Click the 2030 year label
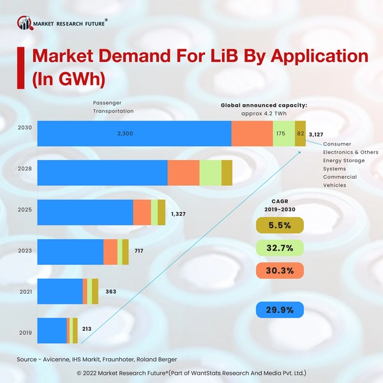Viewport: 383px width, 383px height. (x=23, y=126)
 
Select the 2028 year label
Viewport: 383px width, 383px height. (x=23, y=169)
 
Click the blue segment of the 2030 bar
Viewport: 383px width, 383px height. (x=134, y=133)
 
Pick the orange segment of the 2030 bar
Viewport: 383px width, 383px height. (x=252, y=133)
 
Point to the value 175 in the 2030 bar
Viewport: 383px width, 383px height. (x=281, y=133)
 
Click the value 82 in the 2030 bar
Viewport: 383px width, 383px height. (x=300, y=133)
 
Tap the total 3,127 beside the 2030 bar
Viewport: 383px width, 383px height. (x=316, y=135)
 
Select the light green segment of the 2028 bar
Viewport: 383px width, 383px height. (x=210, y=173)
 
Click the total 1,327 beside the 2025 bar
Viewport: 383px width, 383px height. (x=180, y=214)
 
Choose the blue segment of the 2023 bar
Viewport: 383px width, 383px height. (x=70, y=252)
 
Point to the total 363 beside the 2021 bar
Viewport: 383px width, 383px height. (x=111, y=292)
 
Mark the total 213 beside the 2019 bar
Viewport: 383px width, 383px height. (x=87, y=329)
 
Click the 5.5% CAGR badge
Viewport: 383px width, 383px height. (x=280, y=225)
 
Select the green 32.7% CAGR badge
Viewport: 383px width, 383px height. (x=280, y=248)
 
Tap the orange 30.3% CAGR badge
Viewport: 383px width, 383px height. (x=280, y=271)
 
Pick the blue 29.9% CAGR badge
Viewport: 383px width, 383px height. (x=280, y=310)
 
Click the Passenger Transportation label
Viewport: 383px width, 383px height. (x=114, y=107)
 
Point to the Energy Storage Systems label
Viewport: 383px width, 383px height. (x=343, y=165)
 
